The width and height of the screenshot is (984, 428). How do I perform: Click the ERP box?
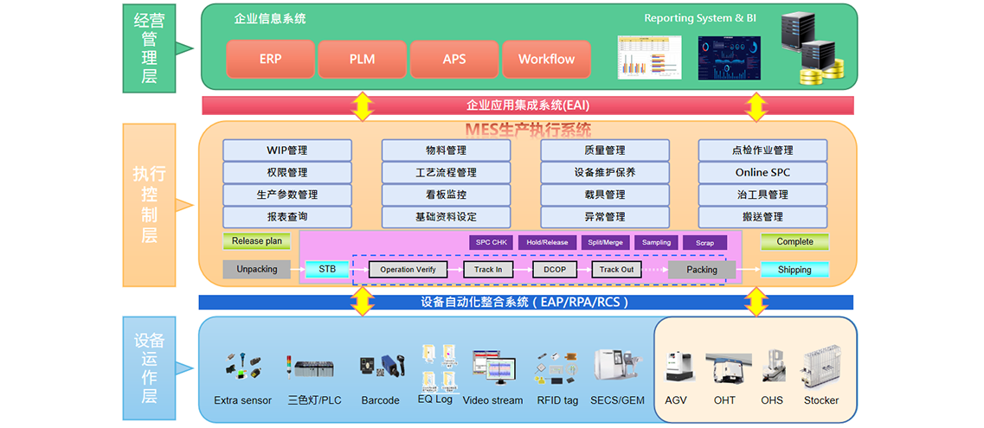tap(270, 60)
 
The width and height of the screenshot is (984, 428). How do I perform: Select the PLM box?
tap(362, 60)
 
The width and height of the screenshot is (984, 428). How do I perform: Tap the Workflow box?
tap(546, 60)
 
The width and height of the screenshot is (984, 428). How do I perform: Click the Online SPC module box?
tap(762, 172)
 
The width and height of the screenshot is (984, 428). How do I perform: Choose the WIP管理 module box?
tap(287, 150)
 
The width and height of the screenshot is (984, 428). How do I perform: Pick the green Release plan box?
tap(257, 241)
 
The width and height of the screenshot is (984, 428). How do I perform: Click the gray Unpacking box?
tap(257, 269)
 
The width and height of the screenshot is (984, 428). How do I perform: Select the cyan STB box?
tap(327, 269)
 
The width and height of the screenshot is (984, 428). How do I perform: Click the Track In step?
tap(488, 270)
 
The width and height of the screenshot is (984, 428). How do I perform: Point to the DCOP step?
tap(554, 270)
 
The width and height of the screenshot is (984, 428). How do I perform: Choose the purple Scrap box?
tap(704, 243)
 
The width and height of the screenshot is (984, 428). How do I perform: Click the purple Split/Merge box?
tap(603, 243)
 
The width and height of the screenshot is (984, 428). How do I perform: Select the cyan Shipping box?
tap(794, 270)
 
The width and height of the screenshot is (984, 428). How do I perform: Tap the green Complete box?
tap(794, 242)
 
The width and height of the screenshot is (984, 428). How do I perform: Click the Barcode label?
tap(380, 400)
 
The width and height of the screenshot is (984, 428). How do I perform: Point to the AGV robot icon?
tap(678, 367)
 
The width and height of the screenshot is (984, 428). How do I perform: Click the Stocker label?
tap(821, 400)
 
